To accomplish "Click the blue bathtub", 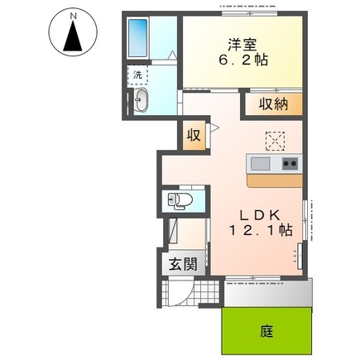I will coord(138,36).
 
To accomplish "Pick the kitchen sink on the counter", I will coord(261,162).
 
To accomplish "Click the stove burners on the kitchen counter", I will coord(289,163).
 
